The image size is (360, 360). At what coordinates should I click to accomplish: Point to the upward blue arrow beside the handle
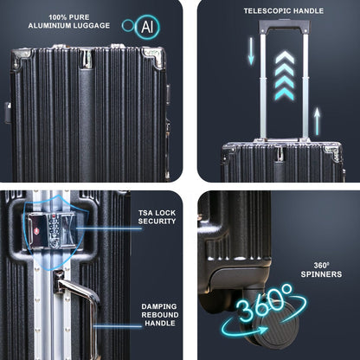(318, 120)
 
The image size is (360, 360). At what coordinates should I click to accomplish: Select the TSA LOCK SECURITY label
(157, 216)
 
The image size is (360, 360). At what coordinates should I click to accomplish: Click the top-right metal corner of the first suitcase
(154, 58)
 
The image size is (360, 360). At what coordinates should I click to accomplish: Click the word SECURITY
(157, 222)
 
